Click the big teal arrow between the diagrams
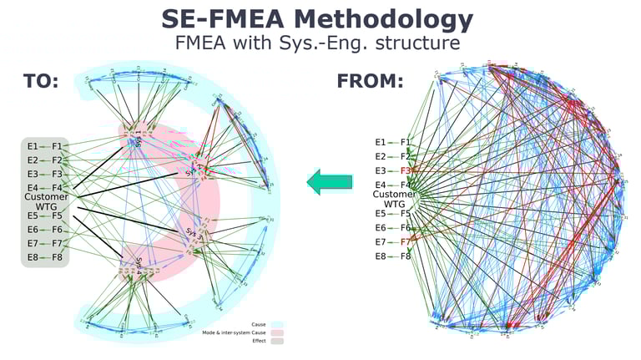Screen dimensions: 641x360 coord(329,182)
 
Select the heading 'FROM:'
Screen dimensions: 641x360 coord(370,82)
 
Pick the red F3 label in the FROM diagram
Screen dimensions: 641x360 coord(406,170)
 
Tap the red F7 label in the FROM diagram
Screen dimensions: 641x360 coord(406,242)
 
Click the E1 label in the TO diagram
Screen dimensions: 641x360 coord(33,146)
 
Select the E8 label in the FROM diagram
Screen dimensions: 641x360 coord(381,256)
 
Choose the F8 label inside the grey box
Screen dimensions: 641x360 coord(58,257)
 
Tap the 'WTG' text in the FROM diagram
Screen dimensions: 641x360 coord(393,205)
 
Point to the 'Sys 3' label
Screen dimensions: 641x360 coord(193,234)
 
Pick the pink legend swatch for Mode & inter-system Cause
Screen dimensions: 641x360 coord(277,332)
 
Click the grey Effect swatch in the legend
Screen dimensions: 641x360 coord(277,341)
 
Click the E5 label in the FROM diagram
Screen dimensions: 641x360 coord(381,213)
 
